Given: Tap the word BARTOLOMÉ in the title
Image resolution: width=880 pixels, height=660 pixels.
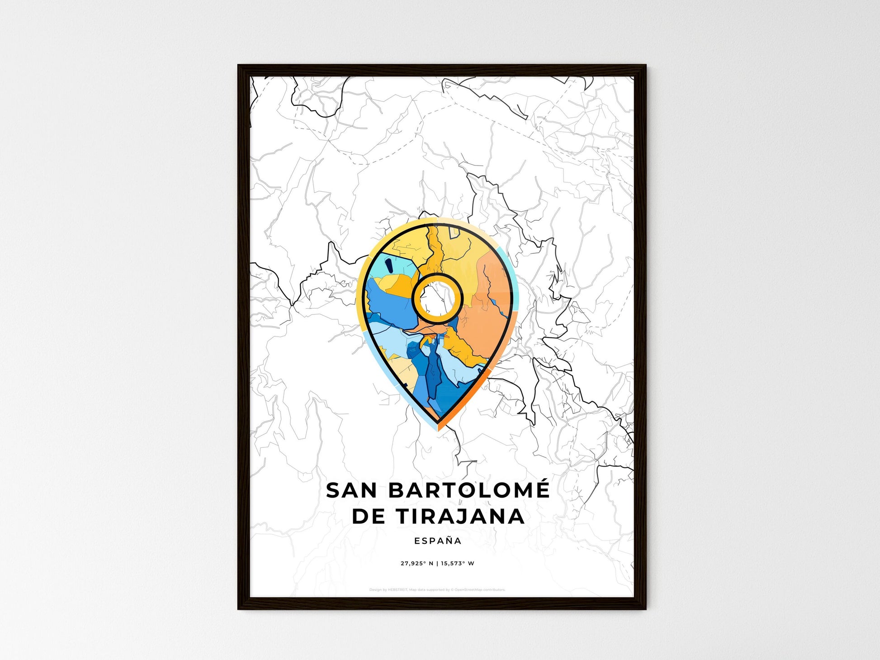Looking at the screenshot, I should coord(469,491).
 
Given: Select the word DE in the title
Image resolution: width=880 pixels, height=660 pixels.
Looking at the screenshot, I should coord(370,517).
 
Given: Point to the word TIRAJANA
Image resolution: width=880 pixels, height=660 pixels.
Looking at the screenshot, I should coord(461,517).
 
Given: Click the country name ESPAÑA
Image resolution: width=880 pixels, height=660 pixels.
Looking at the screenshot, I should coord(438,541).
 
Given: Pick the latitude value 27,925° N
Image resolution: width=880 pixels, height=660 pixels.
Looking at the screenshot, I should coord(416,564).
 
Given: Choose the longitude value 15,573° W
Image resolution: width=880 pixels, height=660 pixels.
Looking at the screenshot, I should coord(457,564).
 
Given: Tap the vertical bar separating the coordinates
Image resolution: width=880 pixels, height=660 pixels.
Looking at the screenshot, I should coord(437,564).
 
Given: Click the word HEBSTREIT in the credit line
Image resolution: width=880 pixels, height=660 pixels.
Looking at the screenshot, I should coord(398,590).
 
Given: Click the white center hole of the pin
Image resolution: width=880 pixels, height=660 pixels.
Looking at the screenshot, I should coord(437,299).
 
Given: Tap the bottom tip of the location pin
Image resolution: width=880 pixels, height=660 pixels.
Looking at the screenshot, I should coord(438,427).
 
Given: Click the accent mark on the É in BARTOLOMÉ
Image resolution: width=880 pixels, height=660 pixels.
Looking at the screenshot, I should coord(542,480).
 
